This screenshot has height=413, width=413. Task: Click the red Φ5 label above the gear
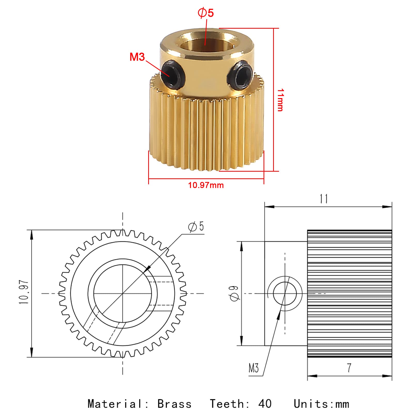[206, 13]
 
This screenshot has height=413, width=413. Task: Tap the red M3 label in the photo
[137, 57]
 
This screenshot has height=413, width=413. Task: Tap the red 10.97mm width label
[206, 185]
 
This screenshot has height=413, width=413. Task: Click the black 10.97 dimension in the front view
[24, 292]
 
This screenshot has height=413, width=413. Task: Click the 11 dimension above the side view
[324, 199]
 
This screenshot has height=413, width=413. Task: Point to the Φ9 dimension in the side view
[235, 293]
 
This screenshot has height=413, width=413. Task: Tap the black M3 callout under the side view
[253, 368]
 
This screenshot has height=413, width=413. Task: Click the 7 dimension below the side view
[349, 368]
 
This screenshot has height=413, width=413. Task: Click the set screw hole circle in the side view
[285, 293]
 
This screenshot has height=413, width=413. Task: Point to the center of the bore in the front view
[123, 293]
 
